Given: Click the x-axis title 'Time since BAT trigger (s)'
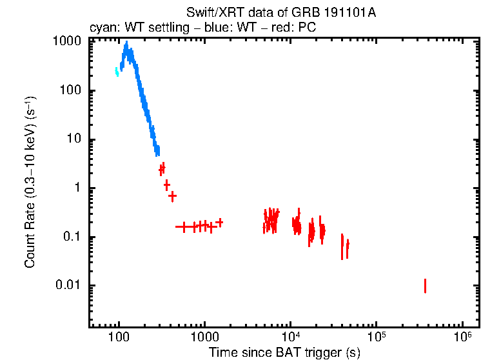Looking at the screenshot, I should tap(284, 352).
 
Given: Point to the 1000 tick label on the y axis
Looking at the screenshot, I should tap(66, 41).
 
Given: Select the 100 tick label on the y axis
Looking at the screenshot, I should tap(70, 90).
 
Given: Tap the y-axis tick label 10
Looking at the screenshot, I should tap(74, 139).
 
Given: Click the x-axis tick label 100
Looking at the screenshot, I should tap(119, 337).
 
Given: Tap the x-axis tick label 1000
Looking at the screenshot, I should tap(204, 337).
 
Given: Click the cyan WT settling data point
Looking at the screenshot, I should tap(117, 72).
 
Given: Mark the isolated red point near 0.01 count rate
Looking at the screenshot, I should tap(425, 286).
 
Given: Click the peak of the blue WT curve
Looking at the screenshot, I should tap(126, 45).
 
